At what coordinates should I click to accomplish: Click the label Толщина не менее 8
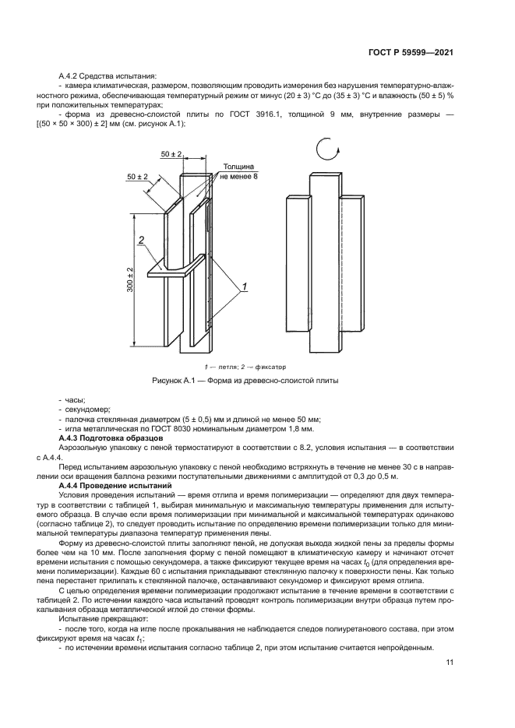(238, 172)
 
